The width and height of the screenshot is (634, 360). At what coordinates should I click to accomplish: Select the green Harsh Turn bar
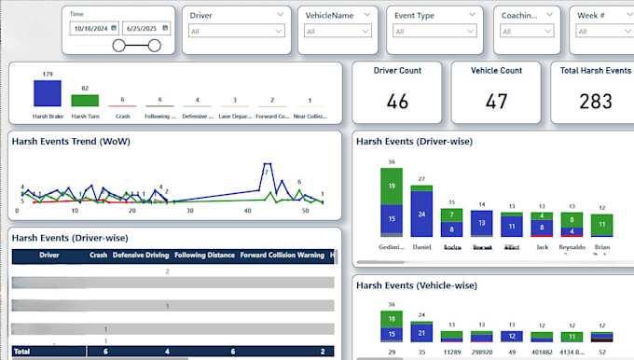point(85,100)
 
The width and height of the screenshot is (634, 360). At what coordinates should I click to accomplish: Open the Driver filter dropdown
point(236,31)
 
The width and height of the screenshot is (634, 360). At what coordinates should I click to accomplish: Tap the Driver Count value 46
point(397,101)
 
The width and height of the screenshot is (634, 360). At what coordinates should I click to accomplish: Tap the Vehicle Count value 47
point(497,101)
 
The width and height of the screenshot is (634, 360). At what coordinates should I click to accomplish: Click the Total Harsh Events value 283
point(594,101)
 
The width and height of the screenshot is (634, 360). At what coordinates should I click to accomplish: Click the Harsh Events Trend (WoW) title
point(70,141)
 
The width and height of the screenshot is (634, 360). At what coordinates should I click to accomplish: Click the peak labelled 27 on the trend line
point(265,172)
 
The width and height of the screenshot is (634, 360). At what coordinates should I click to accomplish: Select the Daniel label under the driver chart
point(422,247)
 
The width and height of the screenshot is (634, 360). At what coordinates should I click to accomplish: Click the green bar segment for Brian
point(603,225)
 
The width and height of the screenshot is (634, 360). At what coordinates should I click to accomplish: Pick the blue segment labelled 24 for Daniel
point(422,214)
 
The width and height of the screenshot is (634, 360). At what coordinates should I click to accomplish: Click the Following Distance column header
point(203,255)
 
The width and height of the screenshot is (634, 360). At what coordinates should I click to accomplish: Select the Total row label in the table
point(22,352)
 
